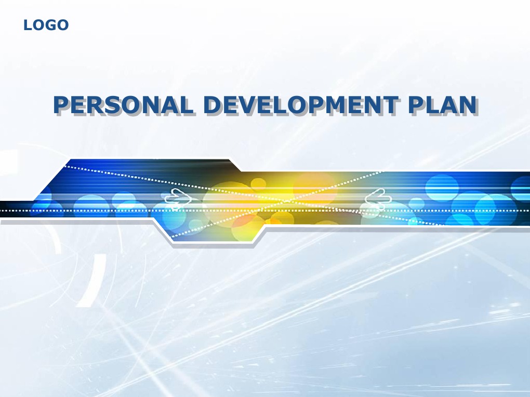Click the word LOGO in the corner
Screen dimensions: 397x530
[x=46, y=25]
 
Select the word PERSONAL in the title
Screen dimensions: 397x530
[x=123, y=105]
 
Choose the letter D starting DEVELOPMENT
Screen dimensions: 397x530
[x=212, y=105]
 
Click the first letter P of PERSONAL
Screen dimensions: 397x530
[x=61, y=105]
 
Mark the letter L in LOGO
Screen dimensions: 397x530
[x=27, y=25]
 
